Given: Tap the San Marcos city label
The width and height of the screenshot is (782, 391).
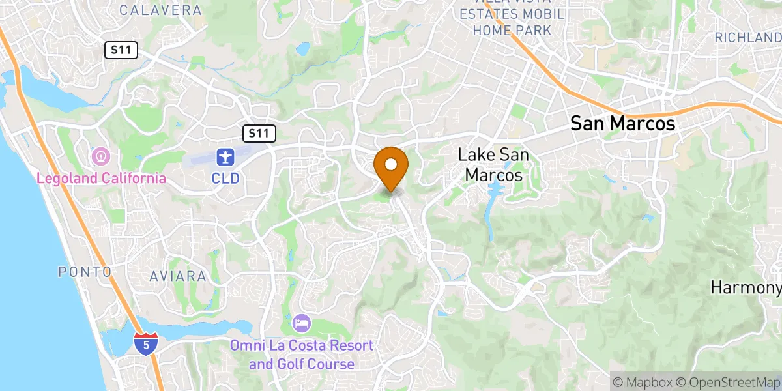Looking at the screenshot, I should (622, 124).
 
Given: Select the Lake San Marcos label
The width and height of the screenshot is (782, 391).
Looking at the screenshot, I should (493, 165).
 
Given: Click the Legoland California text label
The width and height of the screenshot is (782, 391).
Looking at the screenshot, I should (101, 178).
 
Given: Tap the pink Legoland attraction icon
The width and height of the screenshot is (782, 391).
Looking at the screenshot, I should (101, 156).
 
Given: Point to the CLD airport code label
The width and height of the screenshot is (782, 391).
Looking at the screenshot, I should (225, 178).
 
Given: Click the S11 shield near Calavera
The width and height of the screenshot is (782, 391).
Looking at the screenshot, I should (121, 50).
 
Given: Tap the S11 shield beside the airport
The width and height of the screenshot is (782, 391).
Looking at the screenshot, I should (259, 134).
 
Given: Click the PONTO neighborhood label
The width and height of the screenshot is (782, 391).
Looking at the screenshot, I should (85, 272).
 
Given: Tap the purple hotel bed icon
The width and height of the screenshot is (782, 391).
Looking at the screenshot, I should (302, 323).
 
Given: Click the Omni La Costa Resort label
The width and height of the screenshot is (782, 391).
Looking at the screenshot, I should (302, 354).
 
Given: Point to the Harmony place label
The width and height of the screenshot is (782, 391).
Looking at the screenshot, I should (746, 287).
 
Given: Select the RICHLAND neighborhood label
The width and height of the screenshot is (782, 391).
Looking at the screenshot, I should (747, 38).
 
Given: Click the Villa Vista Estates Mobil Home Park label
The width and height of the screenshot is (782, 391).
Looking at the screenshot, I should (512, 22).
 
